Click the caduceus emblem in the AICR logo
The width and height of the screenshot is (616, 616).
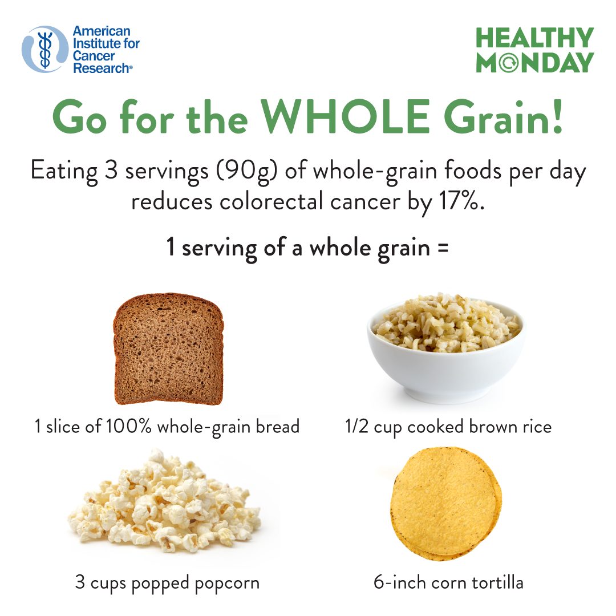tap(45, 50)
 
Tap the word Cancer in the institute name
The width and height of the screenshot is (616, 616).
tap(94, 56)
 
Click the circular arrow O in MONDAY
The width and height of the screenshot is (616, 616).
tap(509, 63)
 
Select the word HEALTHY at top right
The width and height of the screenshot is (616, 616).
tap(534, 38)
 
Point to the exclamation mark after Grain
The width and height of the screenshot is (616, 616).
tap(557, 117)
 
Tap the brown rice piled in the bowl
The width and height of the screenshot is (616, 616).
tap(446, 322)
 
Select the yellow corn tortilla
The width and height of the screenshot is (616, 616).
tap(446, 503)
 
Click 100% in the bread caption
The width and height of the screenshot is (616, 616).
tap(128, 426)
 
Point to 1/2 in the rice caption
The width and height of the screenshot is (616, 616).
tap(356, 426)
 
